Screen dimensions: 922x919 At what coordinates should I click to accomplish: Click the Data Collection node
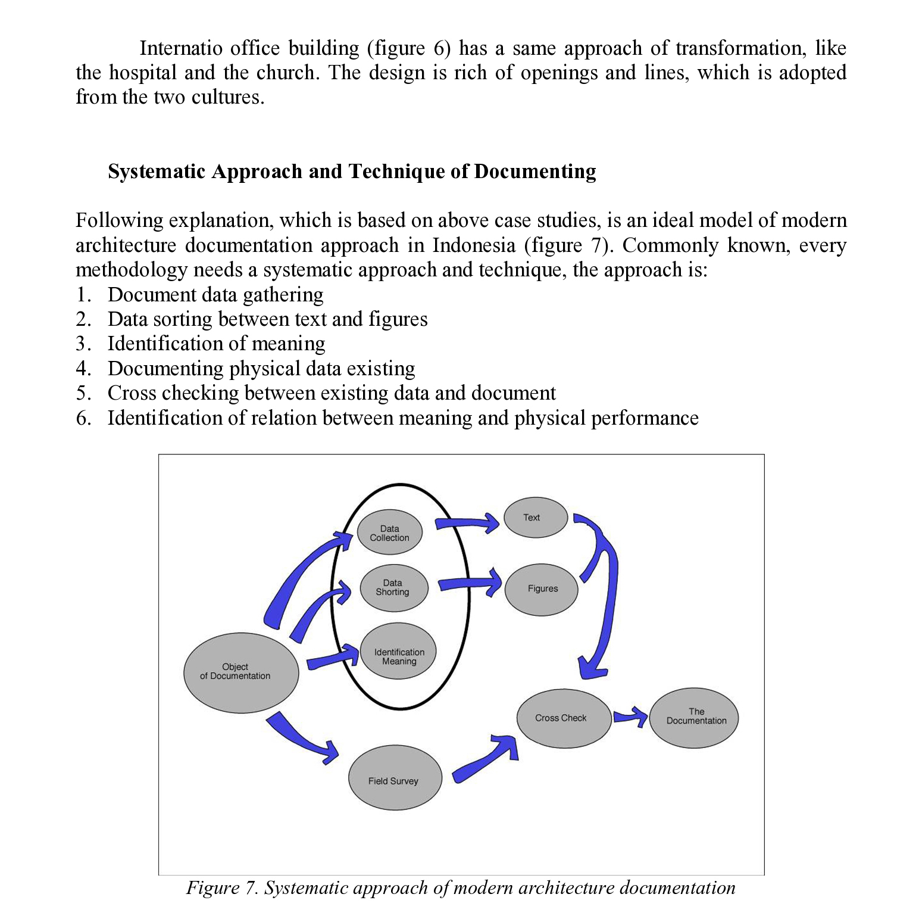389,532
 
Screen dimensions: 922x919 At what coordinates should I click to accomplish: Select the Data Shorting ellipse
393,587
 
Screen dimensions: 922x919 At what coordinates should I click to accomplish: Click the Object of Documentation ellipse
240,672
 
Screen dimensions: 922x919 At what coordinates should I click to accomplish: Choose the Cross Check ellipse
563,718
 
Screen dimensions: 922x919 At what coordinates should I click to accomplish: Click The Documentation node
693,718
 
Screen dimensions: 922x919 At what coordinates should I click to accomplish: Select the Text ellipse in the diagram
535,517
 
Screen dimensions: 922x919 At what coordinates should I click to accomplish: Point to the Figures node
541,589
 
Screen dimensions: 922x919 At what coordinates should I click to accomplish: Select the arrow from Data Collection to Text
467,523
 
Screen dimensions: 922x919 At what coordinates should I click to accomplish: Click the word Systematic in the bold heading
157,172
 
